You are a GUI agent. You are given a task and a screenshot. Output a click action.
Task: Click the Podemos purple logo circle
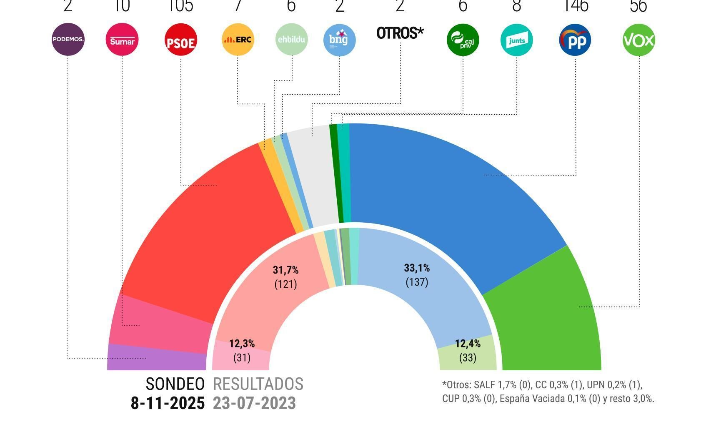click(68, 40)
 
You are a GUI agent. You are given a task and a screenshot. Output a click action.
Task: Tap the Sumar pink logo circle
click(122, 40)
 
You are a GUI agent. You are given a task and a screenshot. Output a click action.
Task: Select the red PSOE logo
click(180, 40)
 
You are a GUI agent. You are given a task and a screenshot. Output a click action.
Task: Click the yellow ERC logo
click(238, 40)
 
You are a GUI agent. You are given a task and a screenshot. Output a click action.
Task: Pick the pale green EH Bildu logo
click(291, 40)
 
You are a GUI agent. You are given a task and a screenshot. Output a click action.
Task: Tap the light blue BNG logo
click(340, 40)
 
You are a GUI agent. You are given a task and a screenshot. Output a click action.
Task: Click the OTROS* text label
click(400, 33)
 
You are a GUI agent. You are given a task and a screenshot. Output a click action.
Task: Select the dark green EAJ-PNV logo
click(463, 40)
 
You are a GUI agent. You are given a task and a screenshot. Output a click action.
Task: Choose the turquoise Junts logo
click(516, 40)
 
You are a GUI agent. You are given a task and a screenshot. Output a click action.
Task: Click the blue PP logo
click(575, 40)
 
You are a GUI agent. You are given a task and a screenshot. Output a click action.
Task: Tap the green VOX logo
click(638, 40)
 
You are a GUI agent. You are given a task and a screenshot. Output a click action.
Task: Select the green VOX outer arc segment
click(550, 317)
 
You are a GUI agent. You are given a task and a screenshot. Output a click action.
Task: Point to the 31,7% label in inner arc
click(285, 270)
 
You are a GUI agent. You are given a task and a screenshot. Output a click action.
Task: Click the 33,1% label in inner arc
click(417, 268)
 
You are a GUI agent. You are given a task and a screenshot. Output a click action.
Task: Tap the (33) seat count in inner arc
click(468, 358)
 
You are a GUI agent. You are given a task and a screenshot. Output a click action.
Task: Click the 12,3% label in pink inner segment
click(242, 344)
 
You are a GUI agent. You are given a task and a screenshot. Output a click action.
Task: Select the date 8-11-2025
click(168, 403)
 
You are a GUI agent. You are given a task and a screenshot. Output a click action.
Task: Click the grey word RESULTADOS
click(258, 384)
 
